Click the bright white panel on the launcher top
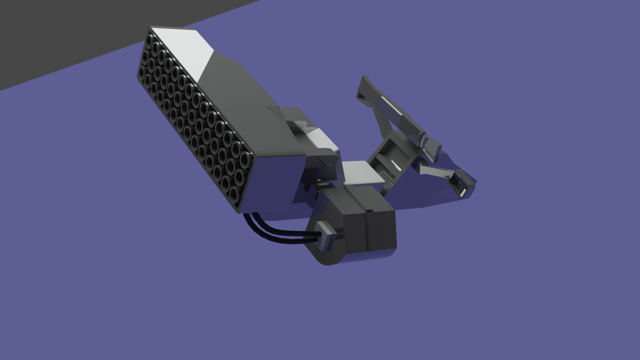click(187, 50)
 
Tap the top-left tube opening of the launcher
click(149, 40)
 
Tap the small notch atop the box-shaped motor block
click(369, 210)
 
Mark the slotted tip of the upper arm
click(363, 90)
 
